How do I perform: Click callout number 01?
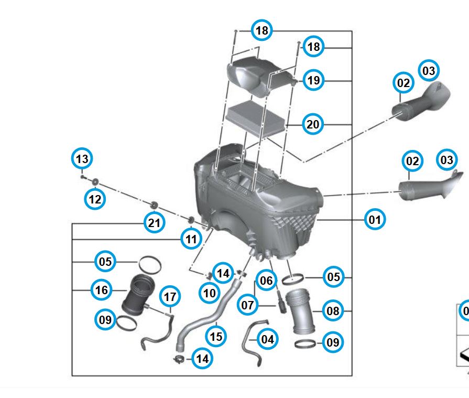pos(375,219)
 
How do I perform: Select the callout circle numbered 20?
pos(313,124)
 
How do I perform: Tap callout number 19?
pos(313,80)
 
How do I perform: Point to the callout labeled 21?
pos(154,223)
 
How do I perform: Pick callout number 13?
pos(81,158)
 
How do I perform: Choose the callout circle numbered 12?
pos(95,199)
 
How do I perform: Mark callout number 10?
pos(210,293)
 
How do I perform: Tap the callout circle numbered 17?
pos(169,297)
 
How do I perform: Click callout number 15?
pos(216,336)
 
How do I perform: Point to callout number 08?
pos(333,311)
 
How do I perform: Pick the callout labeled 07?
pos(247,304)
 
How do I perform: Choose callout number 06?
pos(266,281)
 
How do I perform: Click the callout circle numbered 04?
pos(267,339)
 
